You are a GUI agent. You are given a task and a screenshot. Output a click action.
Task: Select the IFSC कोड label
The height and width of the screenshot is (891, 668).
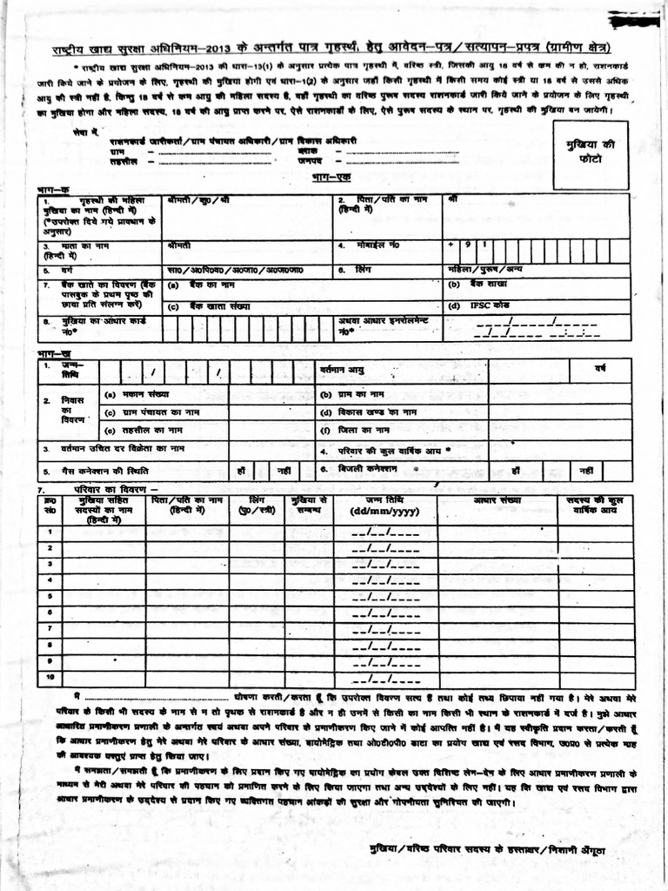pos(475,305)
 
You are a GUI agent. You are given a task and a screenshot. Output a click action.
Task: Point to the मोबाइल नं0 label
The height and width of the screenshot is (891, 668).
pos(377,245)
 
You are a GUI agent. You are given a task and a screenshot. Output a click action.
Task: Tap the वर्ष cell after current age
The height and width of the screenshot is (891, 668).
pos(599,371)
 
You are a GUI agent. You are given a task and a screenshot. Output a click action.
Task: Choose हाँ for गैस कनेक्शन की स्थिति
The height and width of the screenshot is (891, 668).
pos(241,471)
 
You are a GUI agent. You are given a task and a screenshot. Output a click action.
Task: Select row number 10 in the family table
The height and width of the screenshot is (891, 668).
pos(50,676)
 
